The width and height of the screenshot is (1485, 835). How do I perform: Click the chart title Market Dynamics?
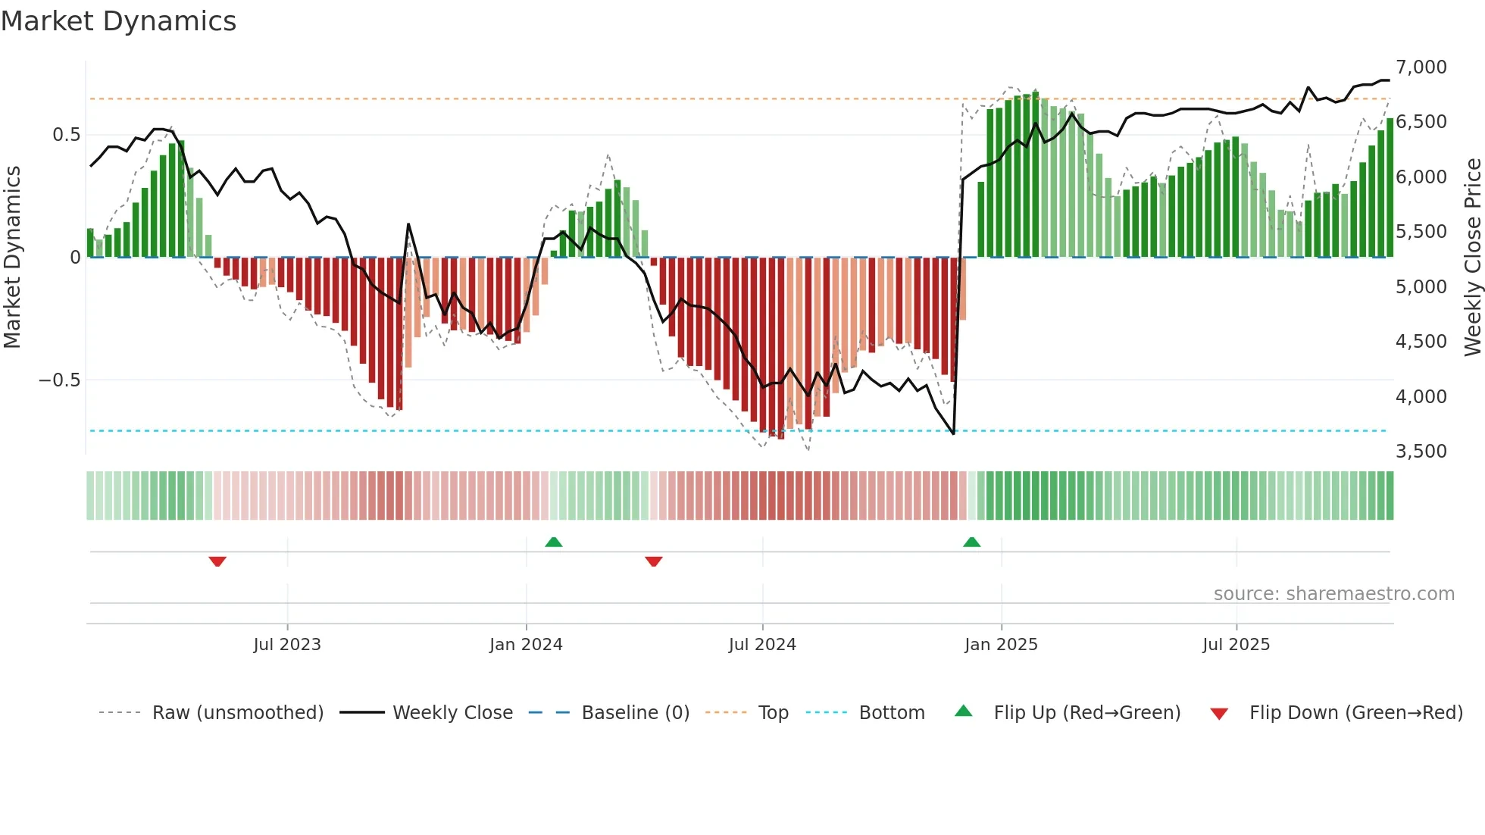click(x=118, y=21)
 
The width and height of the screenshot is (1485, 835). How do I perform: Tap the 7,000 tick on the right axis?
click(x=1421, y=67)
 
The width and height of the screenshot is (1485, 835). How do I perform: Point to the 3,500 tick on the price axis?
click(x=1421, y=452)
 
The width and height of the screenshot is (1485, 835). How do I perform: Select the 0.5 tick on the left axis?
click(x=66, y=135)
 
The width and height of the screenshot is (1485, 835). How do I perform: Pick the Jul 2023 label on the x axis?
click(x=287, y=645)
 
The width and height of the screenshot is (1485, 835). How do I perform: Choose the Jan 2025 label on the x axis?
click(x=1001, y=645)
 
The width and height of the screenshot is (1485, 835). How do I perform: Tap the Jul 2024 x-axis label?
click(x=762, y=645)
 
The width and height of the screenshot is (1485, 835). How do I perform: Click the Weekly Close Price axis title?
click(x=1472, y=258)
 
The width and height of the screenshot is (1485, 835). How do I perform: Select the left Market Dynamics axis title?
click(x=12, y=258)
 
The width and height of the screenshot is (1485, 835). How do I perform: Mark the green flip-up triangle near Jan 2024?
click(x=554, y=542)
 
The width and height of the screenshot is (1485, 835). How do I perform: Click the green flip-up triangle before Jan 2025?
click(x=971, y=542)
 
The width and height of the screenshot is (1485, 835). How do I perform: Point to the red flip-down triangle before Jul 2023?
click(x=217, y=561)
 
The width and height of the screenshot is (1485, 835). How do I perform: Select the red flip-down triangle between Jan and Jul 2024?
click(x=654, y=561)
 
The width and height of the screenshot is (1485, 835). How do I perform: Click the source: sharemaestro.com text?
click(x=1333, y=594)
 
